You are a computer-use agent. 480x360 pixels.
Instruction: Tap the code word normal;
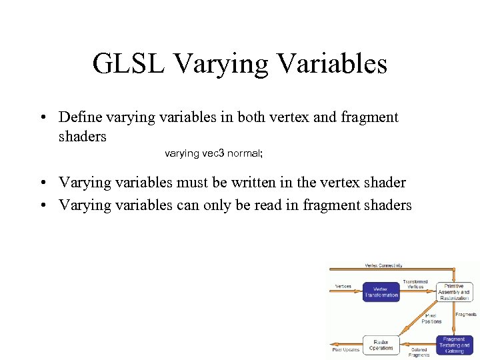point(245,153)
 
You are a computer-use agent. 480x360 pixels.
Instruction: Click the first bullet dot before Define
point(41,118)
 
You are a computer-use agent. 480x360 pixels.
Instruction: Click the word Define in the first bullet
point(80,117)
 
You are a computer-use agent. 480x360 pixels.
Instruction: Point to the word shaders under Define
point(82,136)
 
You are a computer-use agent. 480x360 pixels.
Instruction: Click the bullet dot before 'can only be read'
point(41,205)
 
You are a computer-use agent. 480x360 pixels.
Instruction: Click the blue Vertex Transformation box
point(381,292)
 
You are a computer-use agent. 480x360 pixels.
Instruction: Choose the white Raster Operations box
point(381,344)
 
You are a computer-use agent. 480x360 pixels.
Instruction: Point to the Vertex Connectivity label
point(383,265)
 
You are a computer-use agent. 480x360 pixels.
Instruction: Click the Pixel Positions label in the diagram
point(431,318)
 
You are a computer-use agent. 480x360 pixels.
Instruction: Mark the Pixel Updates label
point(346,349)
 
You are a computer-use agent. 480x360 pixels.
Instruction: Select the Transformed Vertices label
point(415,284)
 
